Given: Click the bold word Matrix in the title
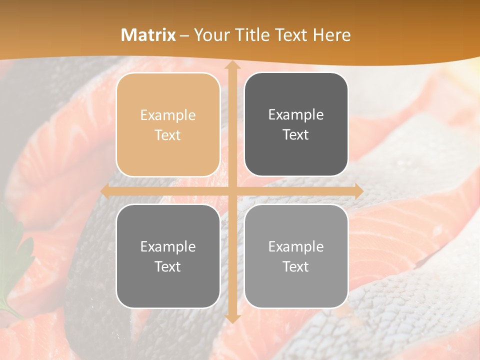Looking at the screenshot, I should click(148, 35).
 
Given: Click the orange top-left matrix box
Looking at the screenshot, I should click(168, 124).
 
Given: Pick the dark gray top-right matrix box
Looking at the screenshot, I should click(296, 124).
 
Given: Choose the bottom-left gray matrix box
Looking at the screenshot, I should click(168, 256).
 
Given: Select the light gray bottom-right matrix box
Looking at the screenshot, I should click(296, 256).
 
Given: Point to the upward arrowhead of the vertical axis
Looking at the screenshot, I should click(232, 66).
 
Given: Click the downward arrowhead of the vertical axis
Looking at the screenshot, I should click(232, 317).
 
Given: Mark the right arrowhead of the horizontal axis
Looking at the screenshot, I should click(358, 191).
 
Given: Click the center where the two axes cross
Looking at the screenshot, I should click(232, 191).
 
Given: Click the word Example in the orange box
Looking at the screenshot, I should click(168, 115).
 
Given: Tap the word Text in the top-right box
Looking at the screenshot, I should click(296, 135).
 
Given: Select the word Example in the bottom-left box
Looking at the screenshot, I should click(168, 247).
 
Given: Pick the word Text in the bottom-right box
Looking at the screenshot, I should click(296, 267).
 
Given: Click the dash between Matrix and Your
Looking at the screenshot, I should click(184, 35).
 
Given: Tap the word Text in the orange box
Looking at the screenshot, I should click(168, 135).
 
